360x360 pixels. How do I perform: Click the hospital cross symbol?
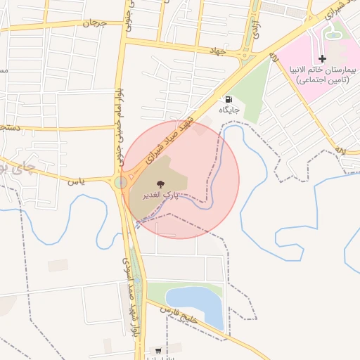pyautogui.click(x=322, y=58)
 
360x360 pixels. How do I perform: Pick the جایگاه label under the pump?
pyautogui.click(x=229, y=110)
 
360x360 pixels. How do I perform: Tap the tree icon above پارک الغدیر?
pyautogui.click(x=161, y=182)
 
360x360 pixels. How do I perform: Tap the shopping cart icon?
pyautogui.click(x=158, y=350)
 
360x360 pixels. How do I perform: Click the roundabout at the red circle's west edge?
pyautogui.click(x=122, y=183)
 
